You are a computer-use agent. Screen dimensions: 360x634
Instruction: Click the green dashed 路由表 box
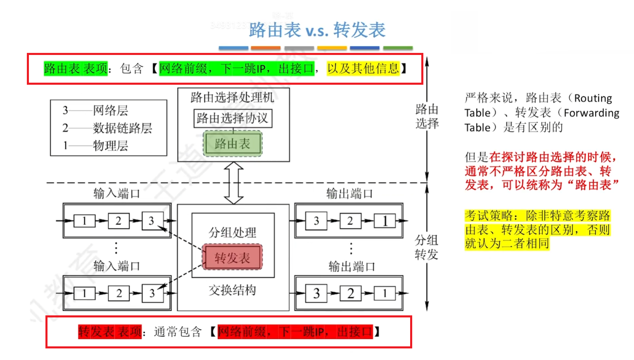(x=233, y=144)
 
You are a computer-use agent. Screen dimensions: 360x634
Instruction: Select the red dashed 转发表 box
(x=232, y=257)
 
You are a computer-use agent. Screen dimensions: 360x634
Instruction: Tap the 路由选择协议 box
(x=233, y=118)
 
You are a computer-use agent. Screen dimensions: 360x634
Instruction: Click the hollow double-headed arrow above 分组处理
(x=234, y=183)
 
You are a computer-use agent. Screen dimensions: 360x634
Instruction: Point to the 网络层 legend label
(x=110, y=110)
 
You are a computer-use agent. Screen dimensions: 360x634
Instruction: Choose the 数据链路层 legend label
(x=122, y=128)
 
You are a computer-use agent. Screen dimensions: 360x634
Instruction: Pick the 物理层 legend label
(x=110, y=145)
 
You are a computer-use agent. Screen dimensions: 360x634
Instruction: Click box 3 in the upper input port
(x=152, y=221)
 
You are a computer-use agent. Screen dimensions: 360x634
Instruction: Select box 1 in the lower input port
(x=84, y=293)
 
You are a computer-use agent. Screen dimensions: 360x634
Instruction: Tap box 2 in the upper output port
(x=350, y=221)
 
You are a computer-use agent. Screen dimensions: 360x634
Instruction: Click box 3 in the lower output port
(x=316, y=293)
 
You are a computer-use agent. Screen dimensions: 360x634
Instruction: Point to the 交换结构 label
(x=232, y=290)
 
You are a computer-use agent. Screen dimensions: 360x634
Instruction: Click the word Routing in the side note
(x=593, y=98)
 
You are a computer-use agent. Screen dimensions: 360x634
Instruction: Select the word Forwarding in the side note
(x=591, y=113)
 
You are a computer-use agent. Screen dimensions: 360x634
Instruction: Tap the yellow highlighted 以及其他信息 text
(x=363, y=68)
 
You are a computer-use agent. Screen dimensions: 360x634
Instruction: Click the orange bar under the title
(x=266, y=48)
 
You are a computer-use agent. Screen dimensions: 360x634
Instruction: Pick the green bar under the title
(x=398, y=48)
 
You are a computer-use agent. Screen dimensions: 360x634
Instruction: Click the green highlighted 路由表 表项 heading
(x=76, y=68)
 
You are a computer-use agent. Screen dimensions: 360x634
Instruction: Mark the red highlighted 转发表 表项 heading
(x=110, y=331)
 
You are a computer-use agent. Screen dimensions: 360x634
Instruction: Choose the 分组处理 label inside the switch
(x=232, y=232)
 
